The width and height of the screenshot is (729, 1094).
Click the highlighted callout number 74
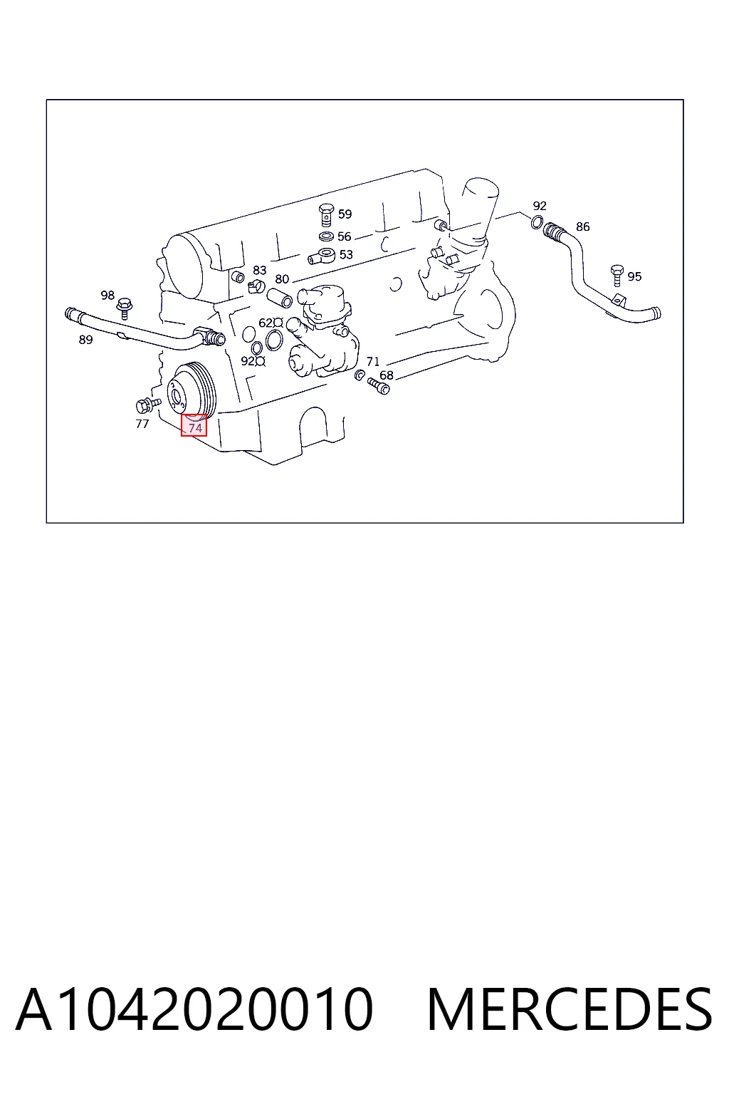195,428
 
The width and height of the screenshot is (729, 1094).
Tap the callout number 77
142,424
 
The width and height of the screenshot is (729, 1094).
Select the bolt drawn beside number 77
148,405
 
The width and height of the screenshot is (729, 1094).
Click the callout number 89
85,340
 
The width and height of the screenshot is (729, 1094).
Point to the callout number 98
107,295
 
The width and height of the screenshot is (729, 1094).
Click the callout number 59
345,214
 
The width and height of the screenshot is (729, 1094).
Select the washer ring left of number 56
326,237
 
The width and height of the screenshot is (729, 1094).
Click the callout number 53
346,254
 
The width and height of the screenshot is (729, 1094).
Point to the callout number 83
259,270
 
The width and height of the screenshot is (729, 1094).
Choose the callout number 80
282,279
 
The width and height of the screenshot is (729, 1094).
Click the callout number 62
266,323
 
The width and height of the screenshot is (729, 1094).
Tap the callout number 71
372,361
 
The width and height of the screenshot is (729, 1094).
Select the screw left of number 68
379,385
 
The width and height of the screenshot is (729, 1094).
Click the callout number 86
582,226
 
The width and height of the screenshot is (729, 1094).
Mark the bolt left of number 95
617,276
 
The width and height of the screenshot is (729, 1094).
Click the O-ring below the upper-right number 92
537,222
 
